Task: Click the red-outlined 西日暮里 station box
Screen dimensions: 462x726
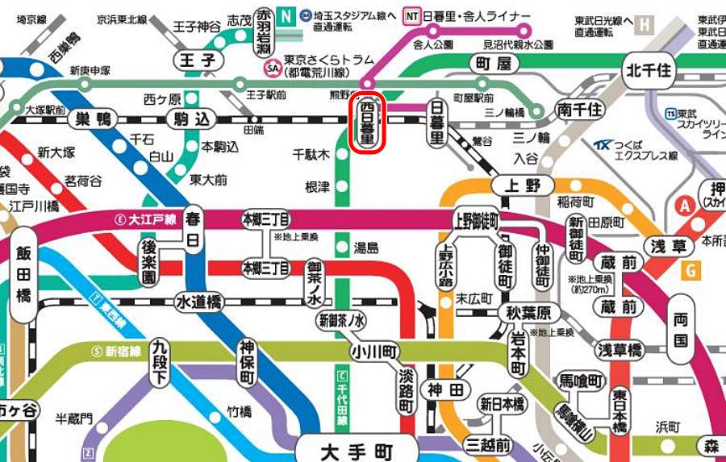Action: (x=367, y=123)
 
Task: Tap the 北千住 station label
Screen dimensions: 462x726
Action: (x=648, y=71)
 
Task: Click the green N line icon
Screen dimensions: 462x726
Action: (x=286, y=15)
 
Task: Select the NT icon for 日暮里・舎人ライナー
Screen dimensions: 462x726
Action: (x=412, y=15)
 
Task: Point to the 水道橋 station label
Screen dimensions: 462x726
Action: (x=198, y=302)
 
